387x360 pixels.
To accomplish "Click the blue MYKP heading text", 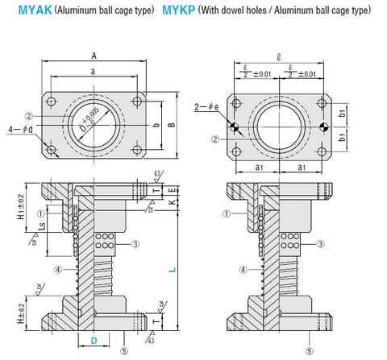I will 183,12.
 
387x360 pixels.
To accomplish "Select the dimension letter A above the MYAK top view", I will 95,56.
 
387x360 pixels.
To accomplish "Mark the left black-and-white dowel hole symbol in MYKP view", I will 235,127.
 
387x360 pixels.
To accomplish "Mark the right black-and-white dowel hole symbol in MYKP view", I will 322,127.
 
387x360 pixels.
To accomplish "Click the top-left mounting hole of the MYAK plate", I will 52,102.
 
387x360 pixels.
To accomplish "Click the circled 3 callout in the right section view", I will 321,243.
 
